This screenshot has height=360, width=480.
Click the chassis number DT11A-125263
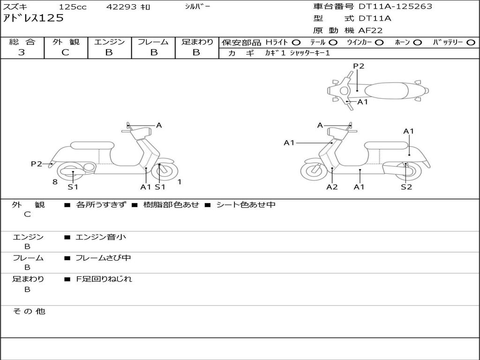point(395,7)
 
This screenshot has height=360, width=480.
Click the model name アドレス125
point(33,19)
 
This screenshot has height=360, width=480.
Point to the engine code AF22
point(370,30)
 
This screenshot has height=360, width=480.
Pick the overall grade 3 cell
point(22,52)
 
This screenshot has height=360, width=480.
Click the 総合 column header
point(22,42)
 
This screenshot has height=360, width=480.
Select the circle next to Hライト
point(296,42)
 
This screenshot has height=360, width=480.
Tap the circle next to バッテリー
point(471,42)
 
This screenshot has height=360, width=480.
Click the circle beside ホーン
point(418,42)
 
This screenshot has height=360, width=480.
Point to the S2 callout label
point(406,187)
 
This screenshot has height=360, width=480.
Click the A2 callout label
point(332,187)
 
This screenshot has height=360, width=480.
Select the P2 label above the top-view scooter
point(359,66)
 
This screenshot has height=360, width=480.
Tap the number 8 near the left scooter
point(55,182)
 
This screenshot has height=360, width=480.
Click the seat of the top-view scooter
point(387,90)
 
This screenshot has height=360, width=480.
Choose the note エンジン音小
point(101,237)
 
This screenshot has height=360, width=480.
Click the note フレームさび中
point(103,258)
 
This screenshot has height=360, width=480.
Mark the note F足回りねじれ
point(104,279)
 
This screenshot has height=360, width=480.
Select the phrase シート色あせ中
point(246,205)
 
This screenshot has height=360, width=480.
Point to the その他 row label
point(29,311)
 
